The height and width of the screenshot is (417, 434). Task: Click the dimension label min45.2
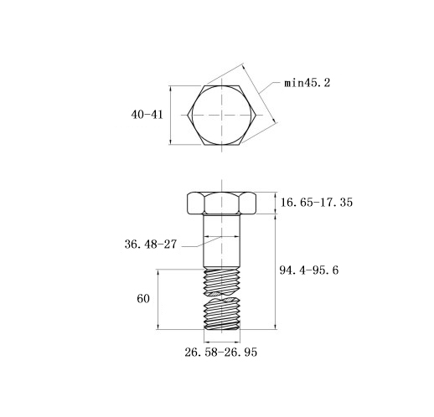tap(307, 83)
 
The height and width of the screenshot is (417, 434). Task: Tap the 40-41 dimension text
tap(147, 115)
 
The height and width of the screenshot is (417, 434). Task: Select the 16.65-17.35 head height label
tap(317, 203)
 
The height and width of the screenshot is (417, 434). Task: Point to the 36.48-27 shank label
tap(151, 245)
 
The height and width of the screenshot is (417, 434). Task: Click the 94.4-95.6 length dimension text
tap(309, 270)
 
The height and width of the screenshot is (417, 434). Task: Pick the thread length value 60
tap(143, 299)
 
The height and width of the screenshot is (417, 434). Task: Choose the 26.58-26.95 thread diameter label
tap(220, 353)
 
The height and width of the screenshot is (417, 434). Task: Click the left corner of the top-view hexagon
tap(188, 115)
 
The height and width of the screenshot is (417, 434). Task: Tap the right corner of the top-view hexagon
tap(256, 115)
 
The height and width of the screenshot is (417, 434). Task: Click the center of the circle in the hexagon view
tap(222, 115)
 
